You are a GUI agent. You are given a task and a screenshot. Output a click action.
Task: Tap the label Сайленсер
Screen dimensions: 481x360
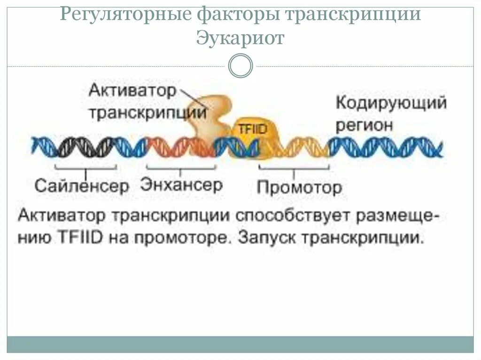point(81,186)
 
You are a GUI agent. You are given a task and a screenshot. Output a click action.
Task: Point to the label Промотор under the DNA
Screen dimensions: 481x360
point(299,188)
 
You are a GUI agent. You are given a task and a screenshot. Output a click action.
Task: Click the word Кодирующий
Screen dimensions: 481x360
point(391,103)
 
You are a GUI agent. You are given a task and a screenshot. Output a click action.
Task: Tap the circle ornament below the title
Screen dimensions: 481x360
point(240,66)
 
